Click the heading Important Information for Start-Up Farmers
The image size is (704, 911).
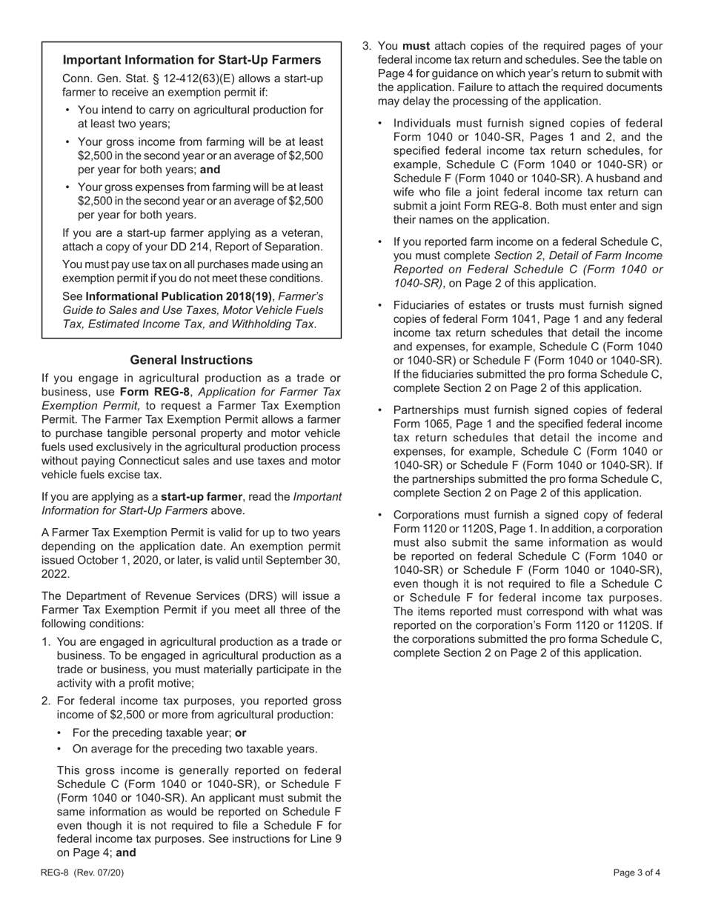(x=192, y=60)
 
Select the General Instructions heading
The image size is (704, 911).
(x=191, y=360)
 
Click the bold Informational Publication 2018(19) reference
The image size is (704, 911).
(x=179, y=296)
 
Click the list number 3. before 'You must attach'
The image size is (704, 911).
(x=367, y=46)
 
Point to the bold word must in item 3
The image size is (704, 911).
(x=416, y=46)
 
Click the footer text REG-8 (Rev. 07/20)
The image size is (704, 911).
(x=82, y=872)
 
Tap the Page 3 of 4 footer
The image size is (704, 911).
(x=637, y=872)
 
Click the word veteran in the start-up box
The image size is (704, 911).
(x=302, y=233)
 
